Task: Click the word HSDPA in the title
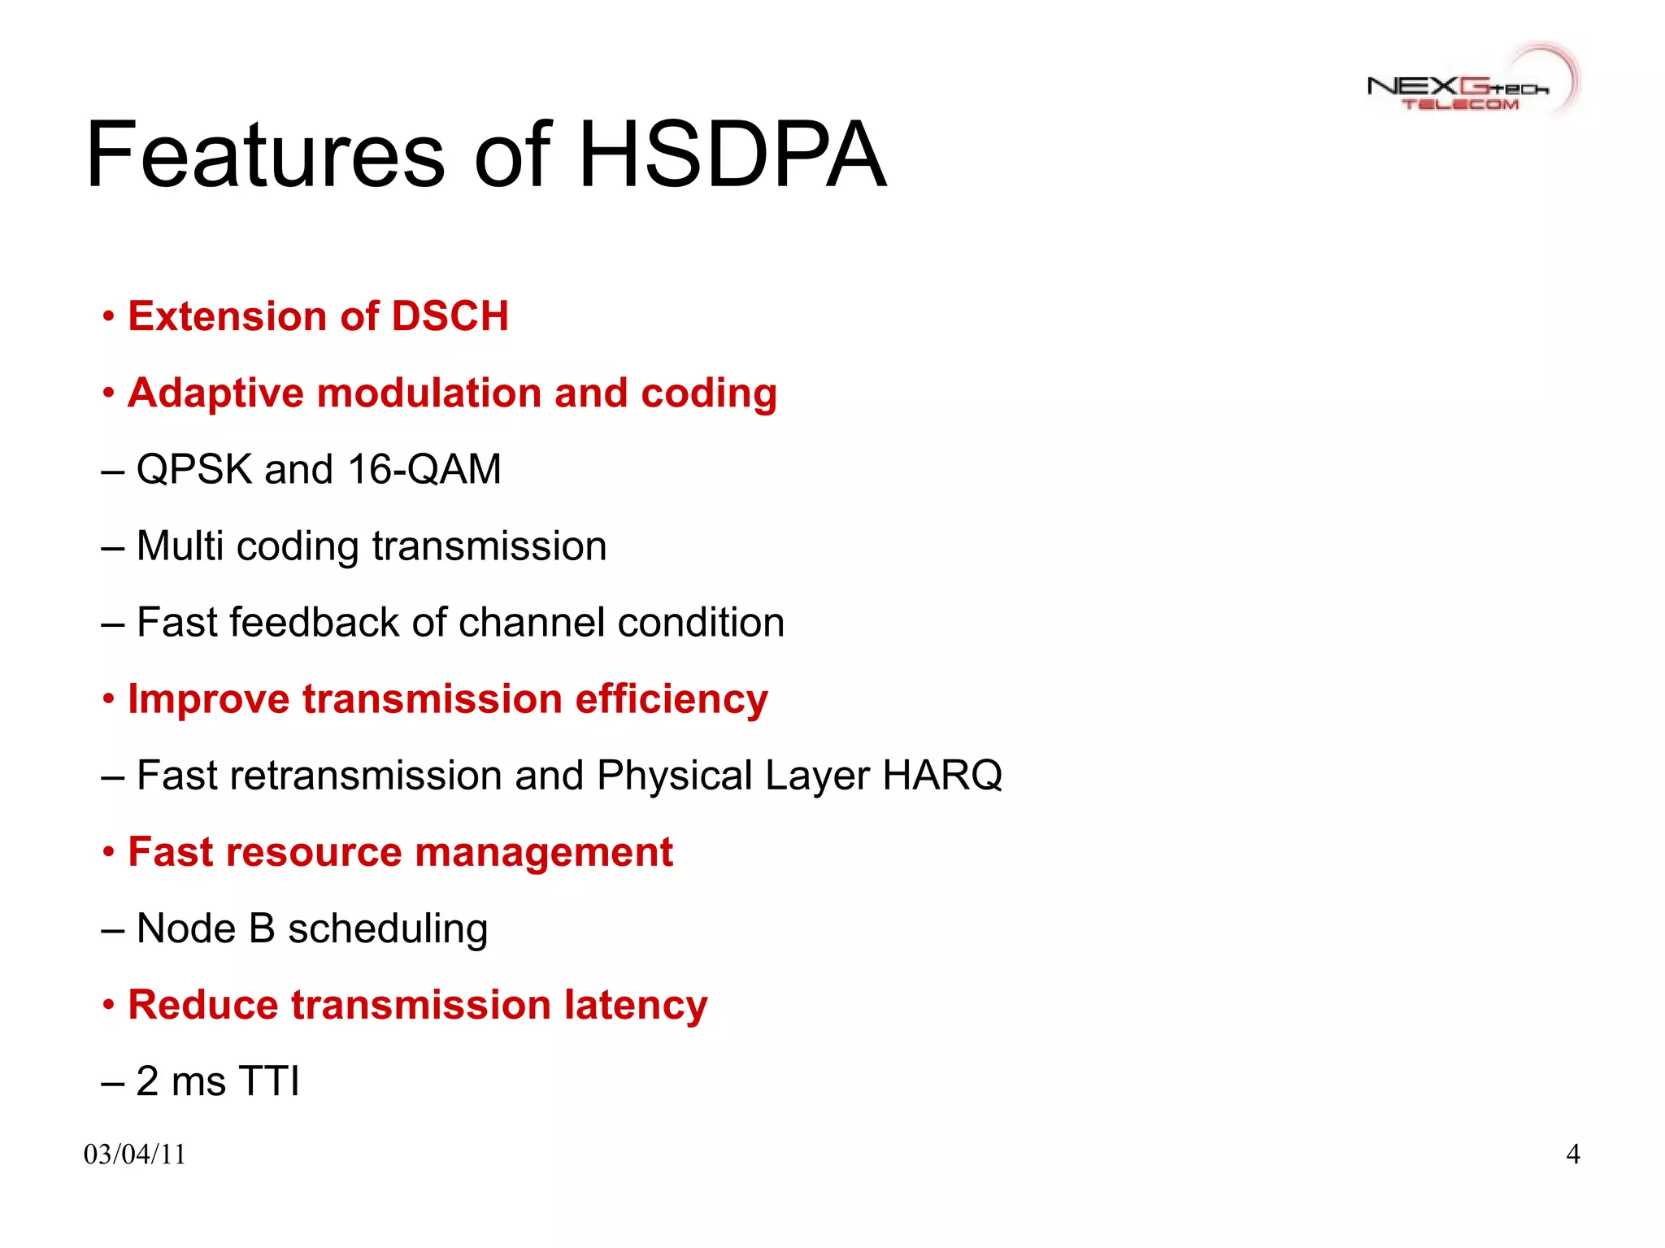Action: (x=732, y=154)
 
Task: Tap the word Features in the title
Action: (x=265, y=154)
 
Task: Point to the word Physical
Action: (x=674, y=776)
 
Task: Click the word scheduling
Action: (x=388, y=929)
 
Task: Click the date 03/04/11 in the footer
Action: (x=135, y=1155)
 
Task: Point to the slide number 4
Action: (x=1572, y=1155)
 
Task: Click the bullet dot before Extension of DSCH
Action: (x=108, y=316)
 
